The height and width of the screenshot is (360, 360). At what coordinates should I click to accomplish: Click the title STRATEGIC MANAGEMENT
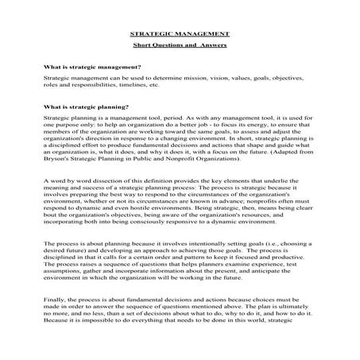point(180,35)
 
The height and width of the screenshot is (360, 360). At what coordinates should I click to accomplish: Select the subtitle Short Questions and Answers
point(180,48)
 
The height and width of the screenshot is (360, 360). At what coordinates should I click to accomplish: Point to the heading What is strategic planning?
point(91,106)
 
